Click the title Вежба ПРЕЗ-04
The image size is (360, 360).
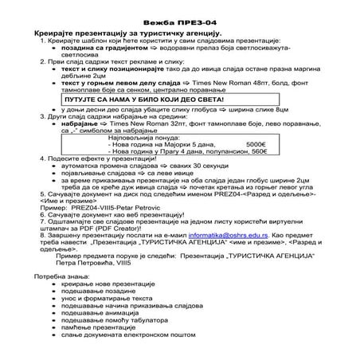pyautogui.click(x=179, y=14)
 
